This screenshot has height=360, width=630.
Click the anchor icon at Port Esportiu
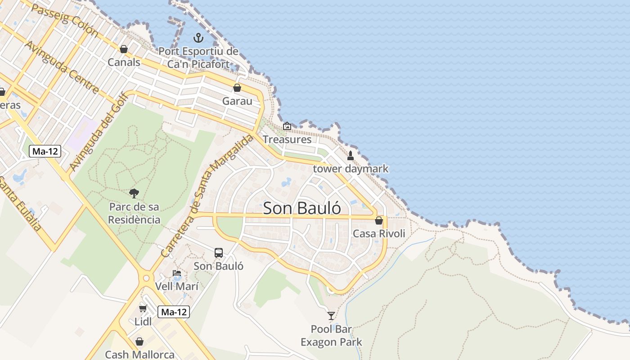pyautogui.click(x=198, y=38)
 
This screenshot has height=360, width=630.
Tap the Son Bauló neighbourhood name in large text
pyautogui.click(x=301, y=208)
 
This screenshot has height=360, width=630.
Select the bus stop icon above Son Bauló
pyautogui.click(x=219, y=253)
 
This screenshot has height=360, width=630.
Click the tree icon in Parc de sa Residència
pyautogui.click(x=134, y=193)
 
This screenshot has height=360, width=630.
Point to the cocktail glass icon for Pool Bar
pyautogui.click(x=331, y=315)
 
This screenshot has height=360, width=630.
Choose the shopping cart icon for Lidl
pyautogui.click(x=143, y=308)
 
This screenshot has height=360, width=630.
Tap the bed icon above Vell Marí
pyautogui.click(x=177, y=273)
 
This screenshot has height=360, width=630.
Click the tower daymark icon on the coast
pyautogui.click(x=351, y=156)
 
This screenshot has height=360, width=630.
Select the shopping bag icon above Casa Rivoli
pyautogui.click(x=379, y=220)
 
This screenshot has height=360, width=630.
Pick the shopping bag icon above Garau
pyautogui.click(x=237, y=88)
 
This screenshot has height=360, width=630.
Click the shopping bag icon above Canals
pyautogui.click(x=124, y=49)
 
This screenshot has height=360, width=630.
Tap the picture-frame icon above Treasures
pyautogui.click(x=287, y=126)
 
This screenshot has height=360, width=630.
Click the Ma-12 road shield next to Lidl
pyautogui.click(x=174, y=312)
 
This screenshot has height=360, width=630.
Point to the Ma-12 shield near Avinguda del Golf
pyautogui.click(x=45, y=151)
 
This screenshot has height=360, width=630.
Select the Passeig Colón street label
pyautogui.click(x=65, y=20)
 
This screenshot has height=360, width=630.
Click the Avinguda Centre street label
pyautogui.click(x=62, y=67)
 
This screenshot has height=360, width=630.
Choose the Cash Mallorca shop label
pyautogui.click(x=139, y=355)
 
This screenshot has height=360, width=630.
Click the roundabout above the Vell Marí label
pyautogui.click(x=146, y=278)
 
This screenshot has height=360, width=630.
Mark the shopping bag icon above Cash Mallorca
pyautogui.click(x=139, y=342)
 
